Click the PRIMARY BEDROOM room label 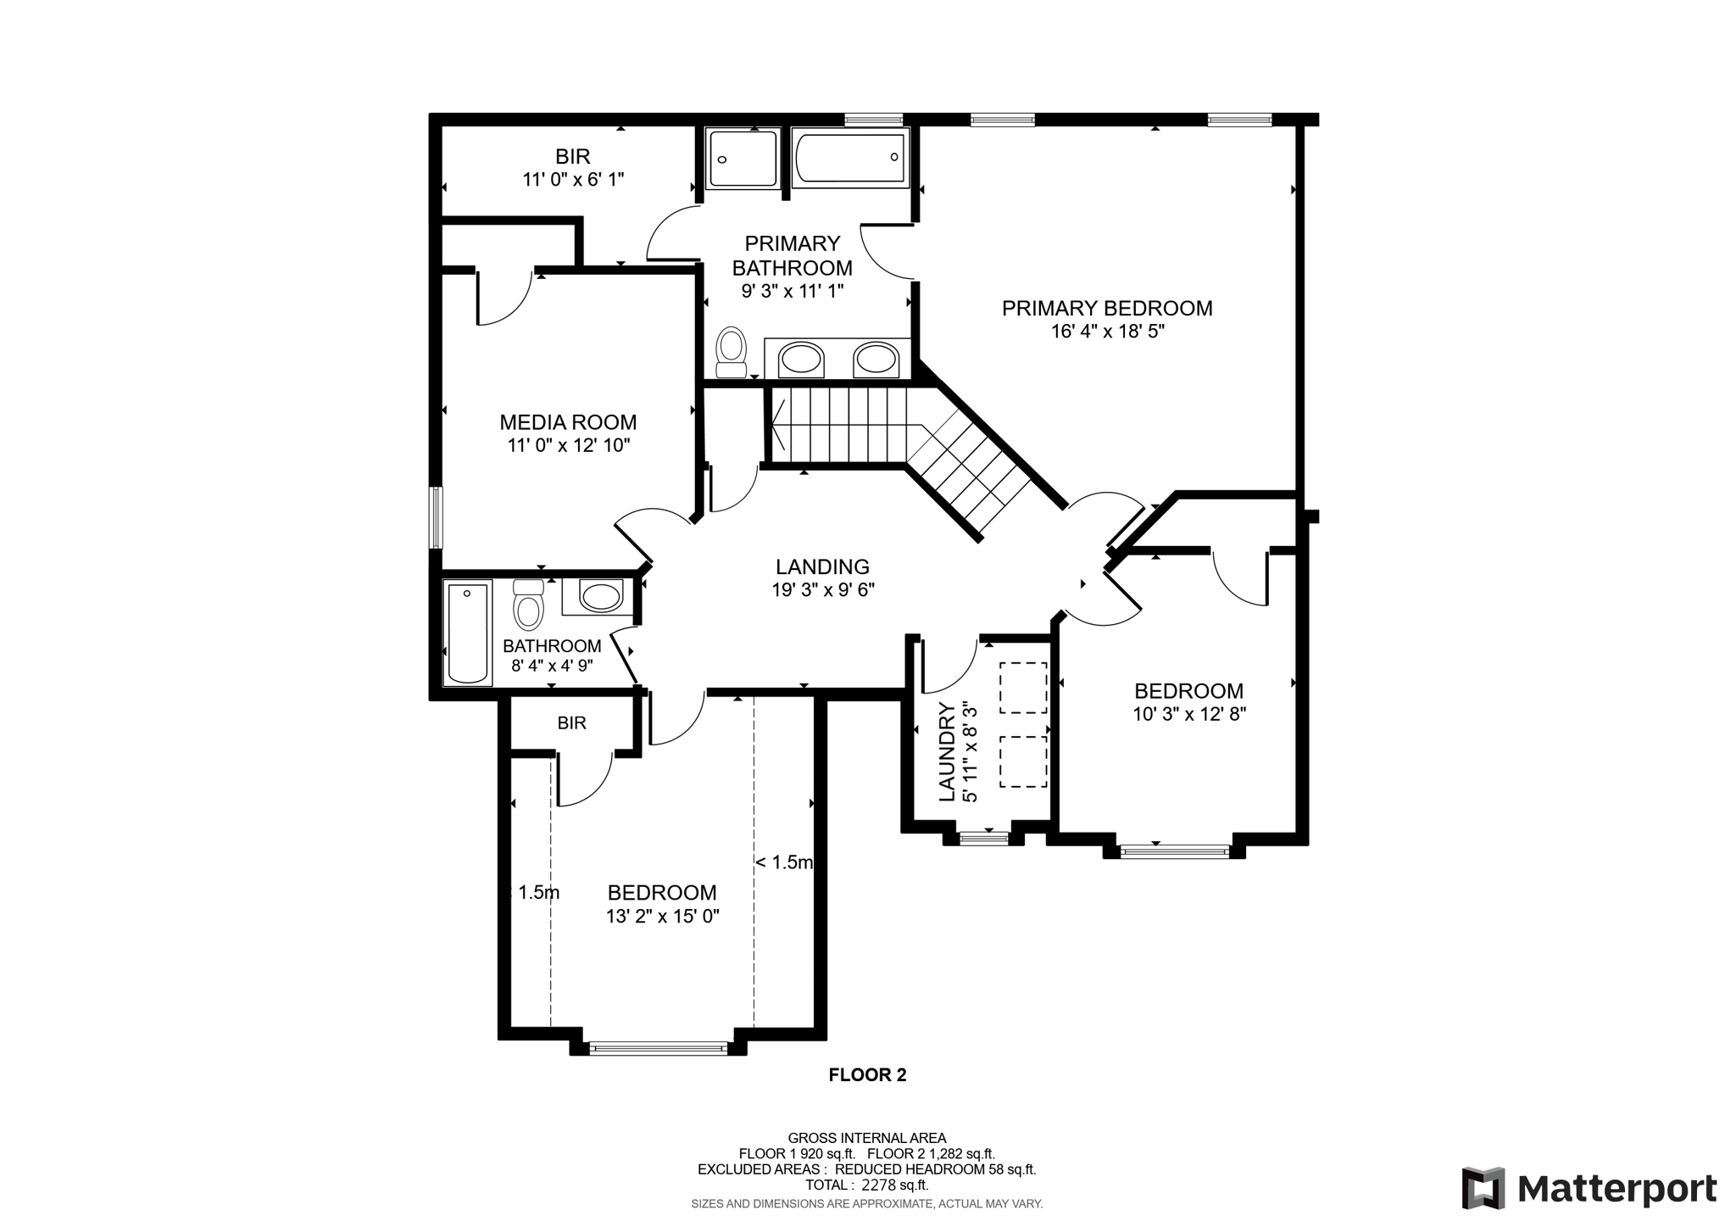(x=1107, y=309)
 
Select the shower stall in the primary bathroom (x=743, y=159)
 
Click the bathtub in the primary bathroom (x=850, y=158)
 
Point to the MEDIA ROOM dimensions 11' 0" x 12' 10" (x=569, y=446)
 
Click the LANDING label (x=822, y=566)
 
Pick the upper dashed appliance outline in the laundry (x=1023, y=688)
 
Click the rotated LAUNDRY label (x=947, y=752)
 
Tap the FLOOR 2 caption (x=867, y=1075)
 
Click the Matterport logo (x=1589, y=1188)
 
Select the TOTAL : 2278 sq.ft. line (x=866, y=1185)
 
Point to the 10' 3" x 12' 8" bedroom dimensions (x=1189, y=715)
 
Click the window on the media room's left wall (x=436, y=517)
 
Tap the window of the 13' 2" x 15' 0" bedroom (x=659, y=1049)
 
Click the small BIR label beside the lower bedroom (x=572, y=723)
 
